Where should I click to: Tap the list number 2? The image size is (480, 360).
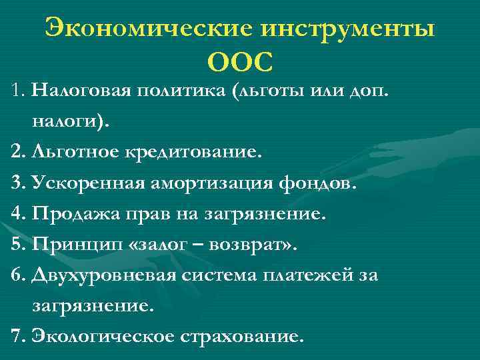17,152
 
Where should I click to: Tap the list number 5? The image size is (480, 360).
17,245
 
